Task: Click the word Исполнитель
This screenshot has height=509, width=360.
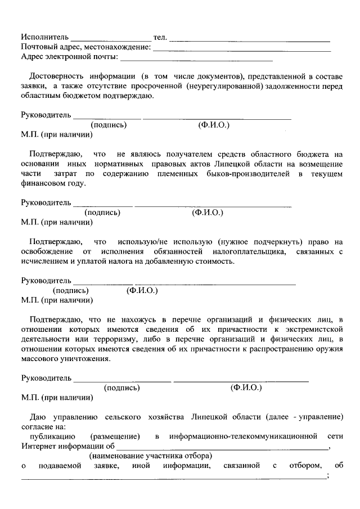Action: (44, 37)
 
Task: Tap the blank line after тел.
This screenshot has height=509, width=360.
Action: (250, 40)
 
